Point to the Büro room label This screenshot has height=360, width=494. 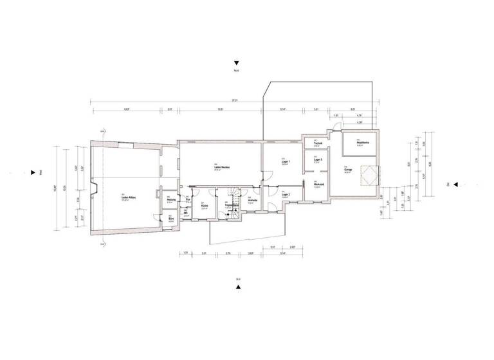click(171, 219)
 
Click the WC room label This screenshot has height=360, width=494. click(187, 215)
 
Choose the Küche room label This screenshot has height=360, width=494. click(204, 206)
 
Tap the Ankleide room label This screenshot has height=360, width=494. click(253, 201)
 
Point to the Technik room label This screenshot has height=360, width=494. click(317, 143)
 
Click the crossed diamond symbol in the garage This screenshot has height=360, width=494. click(369, 173)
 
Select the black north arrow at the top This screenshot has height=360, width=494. click(237, 63)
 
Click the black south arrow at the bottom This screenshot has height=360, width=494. click(237, 287)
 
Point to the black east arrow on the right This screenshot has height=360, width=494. click(454, 184)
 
